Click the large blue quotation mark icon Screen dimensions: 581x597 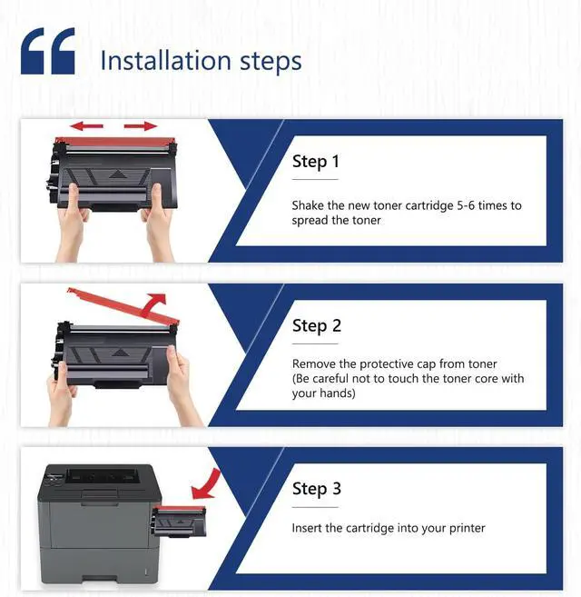[48, 51]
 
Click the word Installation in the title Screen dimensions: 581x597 [165, 61]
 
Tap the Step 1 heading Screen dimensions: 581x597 [315, 162]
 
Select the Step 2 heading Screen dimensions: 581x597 [317, 326]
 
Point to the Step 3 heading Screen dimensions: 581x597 [317, 489]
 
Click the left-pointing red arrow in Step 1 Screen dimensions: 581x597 [86, 125]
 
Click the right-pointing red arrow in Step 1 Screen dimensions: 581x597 [141, 125]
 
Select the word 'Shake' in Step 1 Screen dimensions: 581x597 [308, 205]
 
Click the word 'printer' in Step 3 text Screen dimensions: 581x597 [468, 529]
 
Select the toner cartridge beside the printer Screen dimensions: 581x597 [179, 522]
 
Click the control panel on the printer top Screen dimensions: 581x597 [54, 478]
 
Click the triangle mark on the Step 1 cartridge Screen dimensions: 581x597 [117, 174]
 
